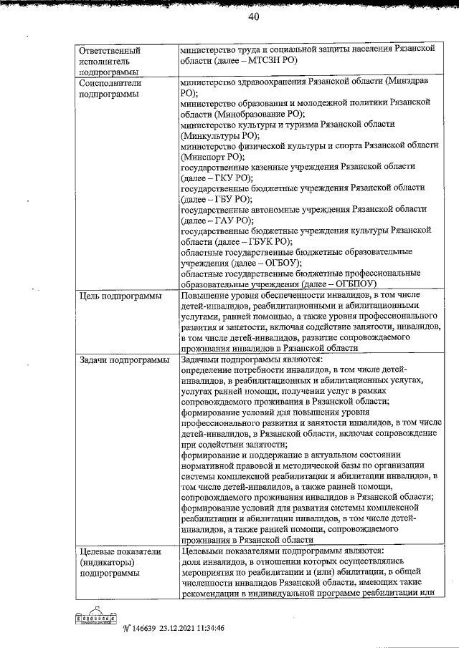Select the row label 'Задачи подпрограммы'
123,359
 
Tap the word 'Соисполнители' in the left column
110,83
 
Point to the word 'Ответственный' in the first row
109,51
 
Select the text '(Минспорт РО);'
213,155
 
